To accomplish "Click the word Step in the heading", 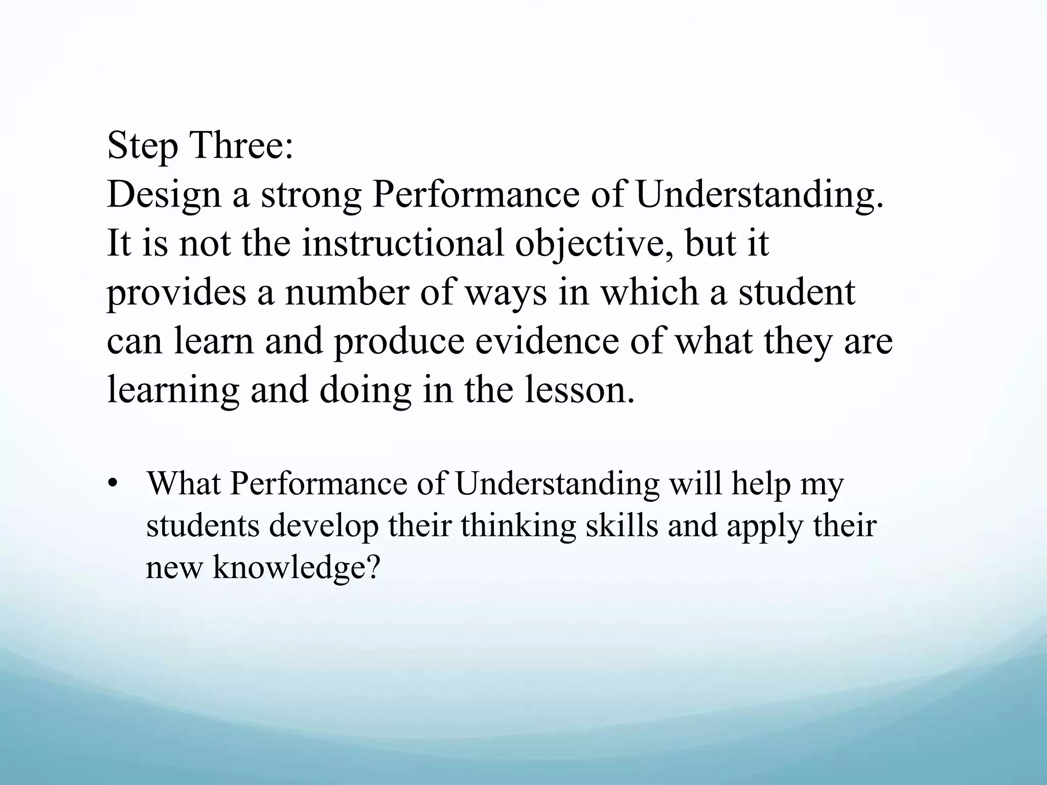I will (x=143, y=146).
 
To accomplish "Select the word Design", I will (x=164, y=196).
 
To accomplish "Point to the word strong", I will (x=311, y=196).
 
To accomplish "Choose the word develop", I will (x=324, y=526).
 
